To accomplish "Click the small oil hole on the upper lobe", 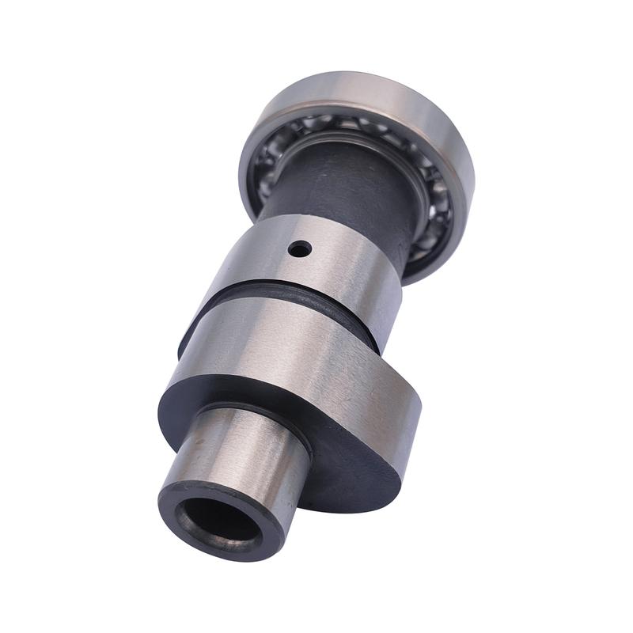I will [299, 250].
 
